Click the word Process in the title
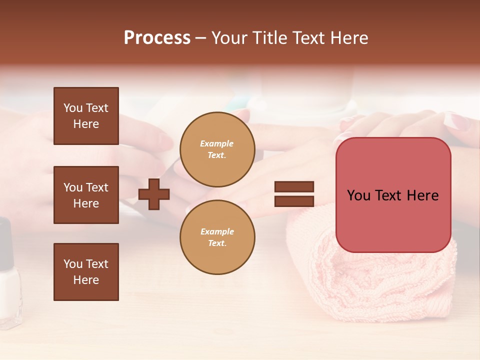[x=157, y=38]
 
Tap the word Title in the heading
[x=268, y=38]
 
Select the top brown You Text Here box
[x=86, y=116]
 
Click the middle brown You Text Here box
[x=86, y=195]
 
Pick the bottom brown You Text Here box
[x=86, y=272]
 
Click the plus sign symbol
[x=154, y=194]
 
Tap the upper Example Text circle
[x=217, y=149]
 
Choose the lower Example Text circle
[x=217, y=237]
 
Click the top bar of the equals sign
[x=294, y=187]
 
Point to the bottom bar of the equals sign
[x=294, y=201]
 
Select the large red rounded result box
[x=393, y=195]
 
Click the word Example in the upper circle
[x=217, y=143]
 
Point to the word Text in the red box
[x=393, y=195]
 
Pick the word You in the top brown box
[x=73, y=108]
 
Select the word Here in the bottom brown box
[x=86, y=280]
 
